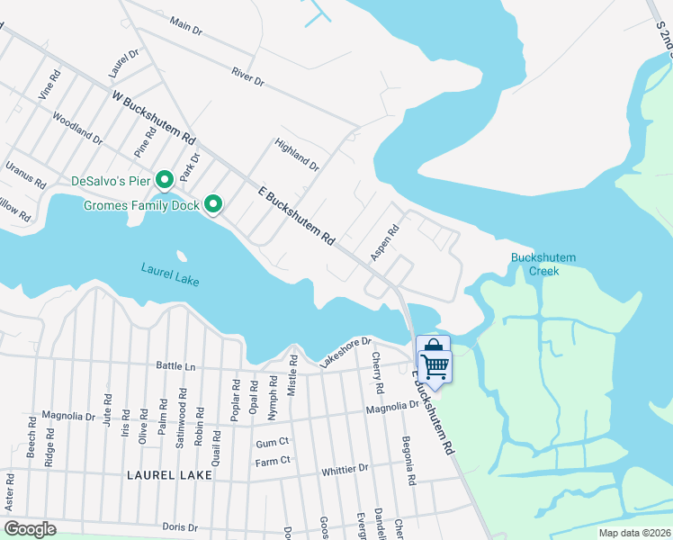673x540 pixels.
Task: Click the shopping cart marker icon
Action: pyautogui.click(x=434, y=358)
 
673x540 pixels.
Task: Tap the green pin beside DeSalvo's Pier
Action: pyautogui.click(x=165, y=180)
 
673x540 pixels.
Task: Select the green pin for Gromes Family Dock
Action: pyautogui.click(x=213, y=206)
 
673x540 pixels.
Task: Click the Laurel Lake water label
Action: pyautogui.click(x=170, y=274)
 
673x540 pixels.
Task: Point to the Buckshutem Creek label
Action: pyautogui.click(x=543, y=265)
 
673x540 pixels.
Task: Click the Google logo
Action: pyautogui.click(x=30, y=529)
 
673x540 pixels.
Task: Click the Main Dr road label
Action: pyautogui.click(x=185, y=27)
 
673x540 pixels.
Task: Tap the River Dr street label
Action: pyautogui.click(x=247, y=77)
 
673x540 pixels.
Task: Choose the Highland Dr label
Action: pyautogui.click(x=297, y=155)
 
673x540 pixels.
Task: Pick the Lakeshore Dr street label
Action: pyautogui.click(x=345, y=352)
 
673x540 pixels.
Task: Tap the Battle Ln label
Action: pyautogui.click(x=176, y=366)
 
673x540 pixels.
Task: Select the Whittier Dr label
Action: pyautogui.click(x=345, y=469)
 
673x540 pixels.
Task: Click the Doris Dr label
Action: pyautogui.click(x=180, y=526)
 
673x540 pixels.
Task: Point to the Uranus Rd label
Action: pyautogui.click(x=25, y=174)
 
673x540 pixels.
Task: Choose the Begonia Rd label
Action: pyautogui.click(x=408, y=462)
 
